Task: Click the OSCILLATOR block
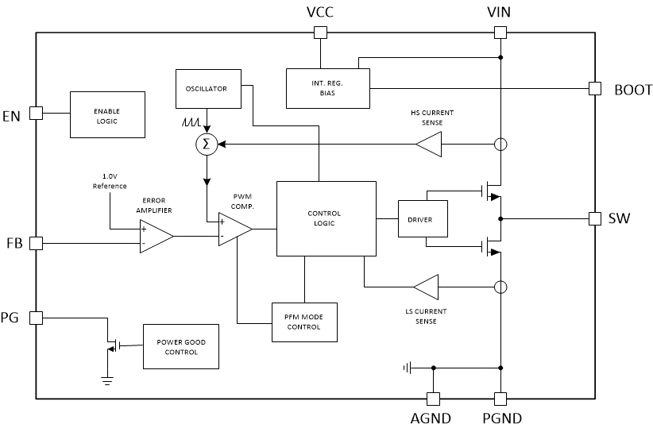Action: tap(206, 89)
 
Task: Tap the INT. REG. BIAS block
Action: tap(327, 87)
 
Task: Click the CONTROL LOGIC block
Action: tap(326, 218)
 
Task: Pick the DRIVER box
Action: tap(422, 219)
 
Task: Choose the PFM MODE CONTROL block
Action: tap(304, 322)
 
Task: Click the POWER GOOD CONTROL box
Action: tap(181, 346)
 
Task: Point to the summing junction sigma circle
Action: tap(207, 144)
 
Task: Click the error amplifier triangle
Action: tap(155, 236)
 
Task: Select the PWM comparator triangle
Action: tap(234, 229)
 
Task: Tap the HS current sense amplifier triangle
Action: tap(429, 145)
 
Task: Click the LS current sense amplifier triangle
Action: tap(426, 287)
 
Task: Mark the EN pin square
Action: tap(36, 113)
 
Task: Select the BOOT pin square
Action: tap(594, 89)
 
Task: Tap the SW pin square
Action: tap(594, 218)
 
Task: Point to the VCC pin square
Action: tap(320, 33)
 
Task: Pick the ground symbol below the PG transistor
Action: tap(106, 379)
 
